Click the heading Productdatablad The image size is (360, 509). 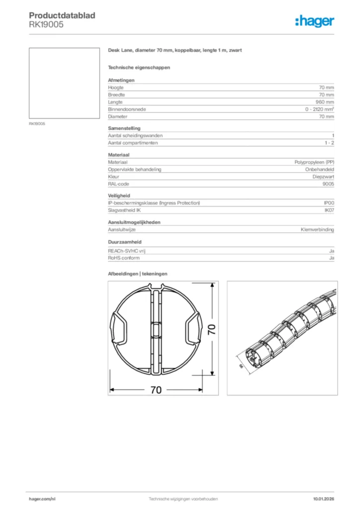pos(62,15)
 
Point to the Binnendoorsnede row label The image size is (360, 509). pos(127,109)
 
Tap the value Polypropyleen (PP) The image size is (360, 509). pos(314,163)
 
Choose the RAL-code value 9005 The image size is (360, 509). pos(328,184)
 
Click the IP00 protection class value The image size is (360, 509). pos(329,203)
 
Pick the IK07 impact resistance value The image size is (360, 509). pos(329,210)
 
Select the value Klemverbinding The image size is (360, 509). pos(317,230)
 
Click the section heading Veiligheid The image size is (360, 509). pos(119,196)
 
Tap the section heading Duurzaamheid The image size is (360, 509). pos(124,242)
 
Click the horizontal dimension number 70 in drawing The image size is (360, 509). pos(156,390)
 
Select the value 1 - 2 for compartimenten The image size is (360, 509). pos(329,143)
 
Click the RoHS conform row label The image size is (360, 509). pos(124,258)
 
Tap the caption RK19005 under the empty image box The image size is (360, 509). pos(37,124)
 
